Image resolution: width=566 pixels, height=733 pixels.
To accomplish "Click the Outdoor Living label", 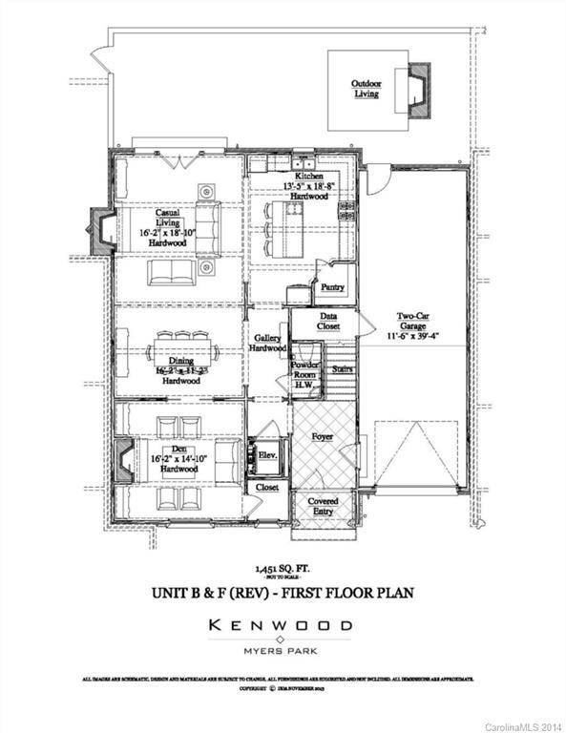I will (x=366, y=89).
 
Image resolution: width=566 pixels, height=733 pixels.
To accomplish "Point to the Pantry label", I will (x=332, y=286).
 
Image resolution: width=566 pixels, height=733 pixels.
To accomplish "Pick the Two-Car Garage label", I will (x=414, y=330).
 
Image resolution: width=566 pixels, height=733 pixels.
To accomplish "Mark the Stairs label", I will (x=342, y=368).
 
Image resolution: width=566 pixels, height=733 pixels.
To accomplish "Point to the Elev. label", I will (x=267, y=455).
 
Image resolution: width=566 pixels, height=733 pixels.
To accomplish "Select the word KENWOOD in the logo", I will (x=282, y=626).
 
